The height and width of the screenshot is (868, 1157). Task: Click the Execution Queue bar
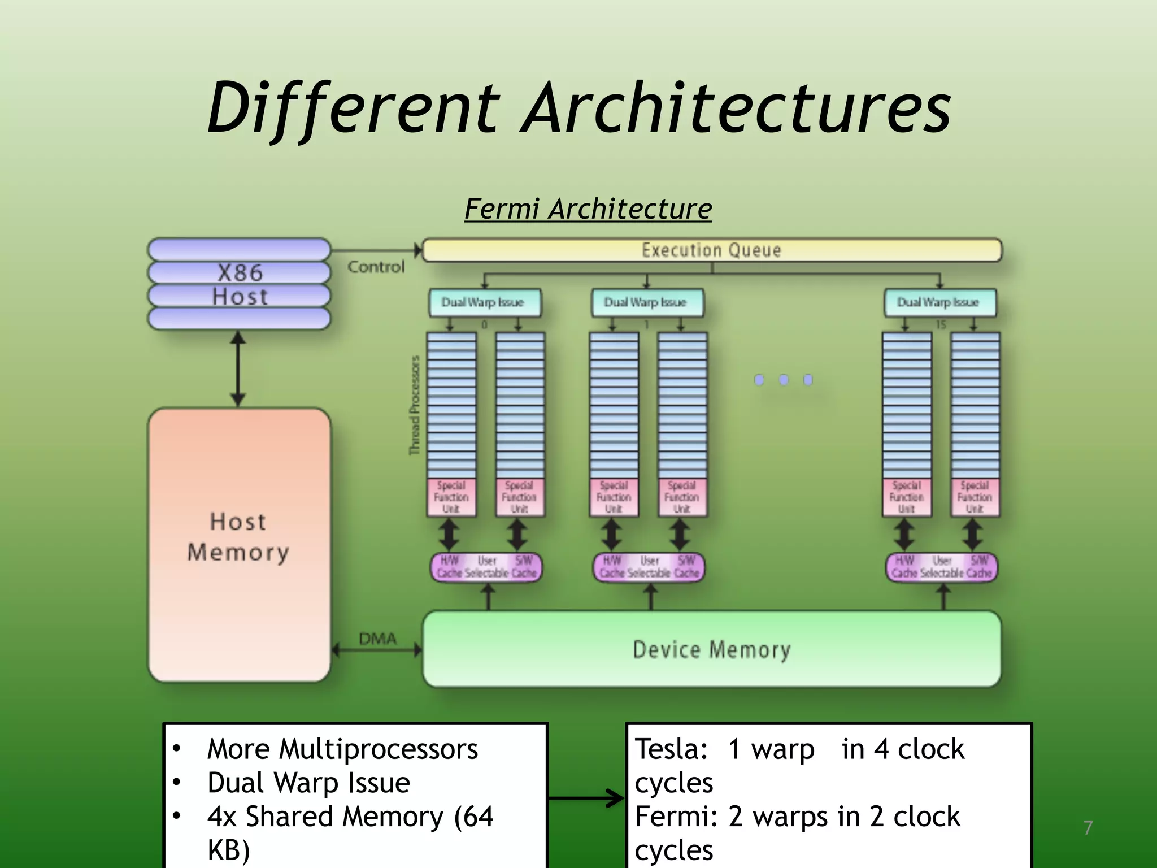(712, 250)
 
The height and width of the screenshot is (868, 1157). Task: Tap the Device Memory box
(712, 649)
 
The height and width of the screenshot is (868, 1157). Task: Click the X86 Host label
(240, 284)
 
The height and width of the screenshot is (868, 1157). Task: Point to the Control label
(376, 267)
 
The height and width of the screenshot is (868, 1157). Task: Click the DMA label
(377, 639)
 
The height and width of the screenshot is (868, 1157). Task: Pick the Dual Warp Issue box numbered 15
(939, 303)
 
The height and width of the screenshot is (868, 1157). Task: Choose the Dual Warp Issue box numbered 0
(484, 303)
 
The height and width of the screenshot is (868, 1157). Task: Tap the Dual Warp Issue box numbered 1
(646, 303)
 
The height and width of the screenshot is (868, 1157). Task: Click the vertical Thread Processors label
(415, 405)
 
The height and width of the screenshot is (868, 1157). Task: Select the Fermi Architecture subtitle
(588, 209)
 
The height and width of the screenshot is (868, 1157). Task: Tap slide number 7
(1088, 828)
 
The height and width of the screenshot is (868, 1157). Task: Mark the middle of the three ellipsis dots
(784, 380)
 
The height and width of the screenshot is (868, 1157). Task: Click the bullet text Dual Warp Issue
(308, 783)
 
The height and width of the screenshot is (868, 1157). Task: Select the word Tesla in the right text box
(671, 749)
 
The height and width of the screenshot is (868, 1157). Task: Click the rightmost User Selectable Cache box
(941, 567)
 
